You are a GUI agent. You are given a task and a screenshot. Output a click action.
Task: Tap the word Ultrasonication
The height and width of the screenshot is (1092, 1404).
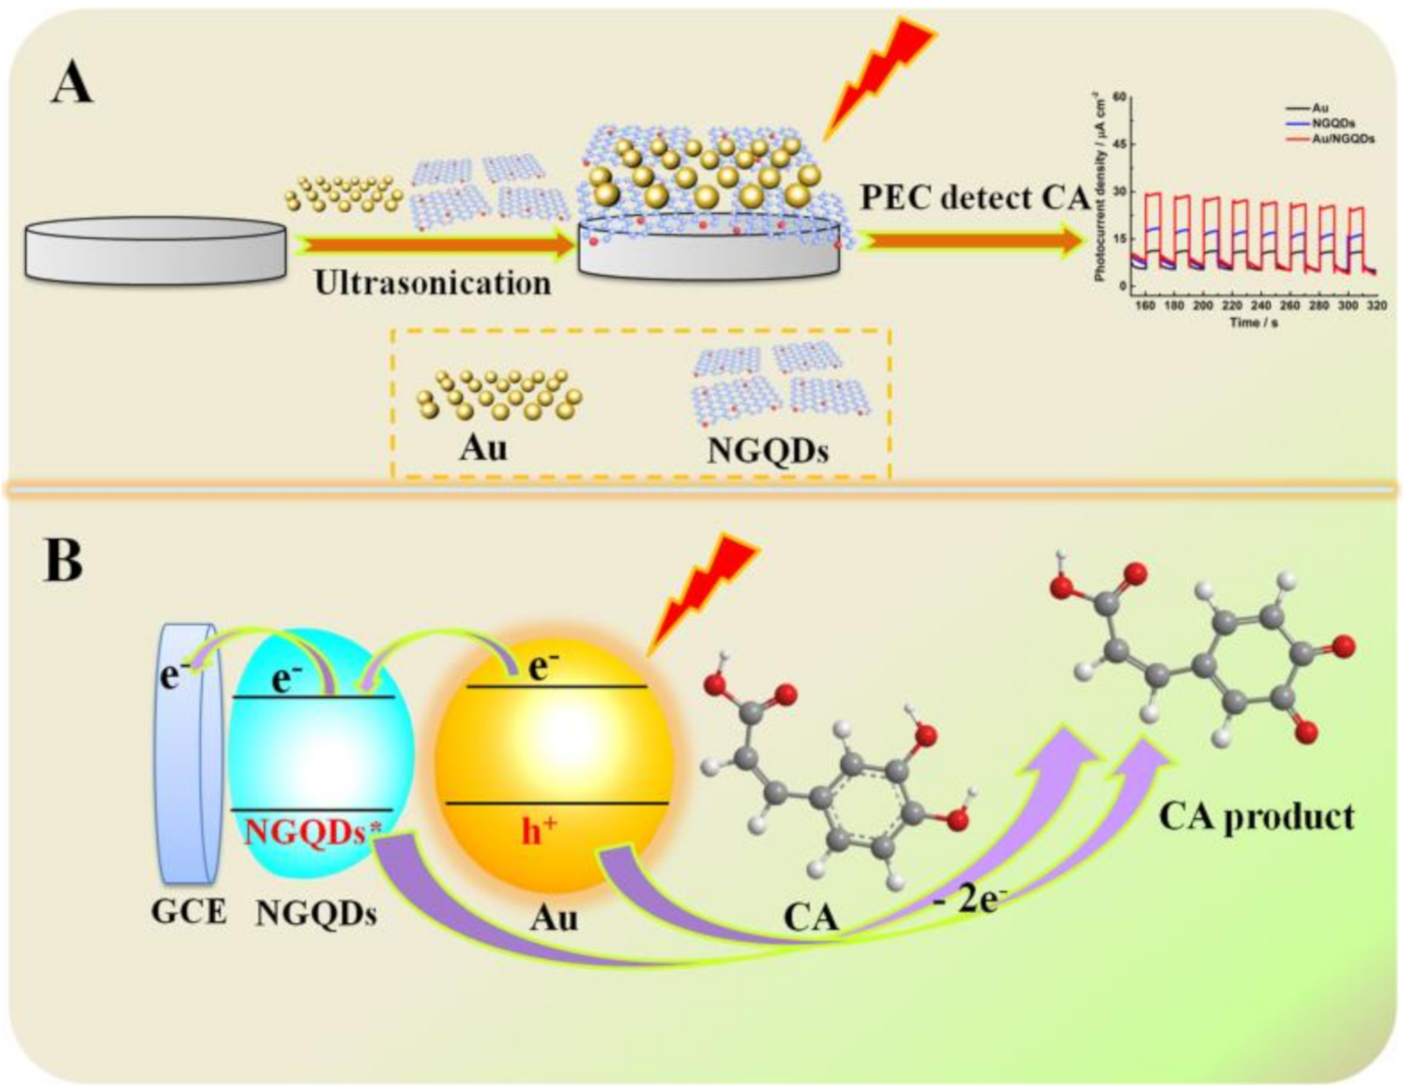pyautogui.click(x=432, y=282)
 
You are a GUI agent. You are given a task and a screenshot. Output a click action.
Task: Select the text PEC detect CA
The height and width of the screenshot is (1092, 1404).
pyautogui.click(x=974, y=198)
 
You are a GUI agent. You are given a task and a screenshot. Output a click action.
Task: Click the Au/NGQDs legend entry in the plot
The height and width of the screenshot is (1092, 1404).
pyautogui.click(x=1342, y=138)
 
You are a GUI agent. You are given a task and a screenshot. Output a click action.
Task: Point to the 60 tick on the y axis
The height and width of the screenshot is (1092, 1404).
pyautogui.click(x=1119, y=97)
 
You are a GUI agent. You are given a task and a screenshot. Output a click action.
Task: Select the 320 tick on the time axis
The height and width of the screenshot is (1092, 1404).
pyautogui.click(x=1377, y=306)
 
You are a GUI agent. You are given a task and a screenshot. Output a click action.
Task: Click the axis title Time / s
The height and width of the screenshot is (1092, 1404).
pyautogui.click(x=1253, y=323)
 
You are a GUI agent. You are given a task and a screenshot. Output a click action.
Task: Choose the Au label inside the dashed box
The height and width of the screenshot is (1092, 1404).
pyautogui.click(x=483, y=447)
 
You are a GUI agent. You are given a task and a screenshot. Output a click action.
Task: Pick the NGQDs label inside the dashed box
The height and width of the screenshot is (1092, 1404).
pyautogui.click(x=767, y=451)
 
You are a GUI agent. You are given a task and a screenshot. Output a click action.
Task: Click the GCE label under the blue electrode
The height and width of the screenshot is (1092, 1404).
pyautogui.click(x=189, y=912)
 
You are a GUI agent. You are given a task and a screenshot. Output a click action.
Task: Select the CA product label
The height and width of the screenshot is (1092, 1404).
pyautogui.click(x=1256, y=816)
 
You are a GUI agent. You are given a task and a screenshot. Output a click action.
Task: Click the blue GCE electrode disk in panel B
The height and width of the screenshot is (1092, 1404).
pyautogui.click(x=190, y=755)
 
